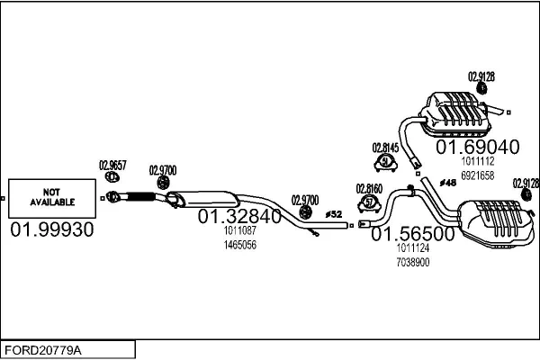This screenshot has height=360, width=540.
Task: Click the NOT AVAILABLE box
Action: click(52, 198)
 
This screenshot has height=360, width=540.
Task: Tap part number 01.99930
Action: click(52, 229)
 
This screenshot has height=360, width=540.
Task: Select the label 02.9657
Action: click(112, 166)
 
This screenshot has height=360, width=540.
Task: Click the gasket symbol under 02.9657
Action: click(112, 177)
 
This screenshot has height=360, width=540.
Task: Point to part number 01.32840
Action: click(239, 216)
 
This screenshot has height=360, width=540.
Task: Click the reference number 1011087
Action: click(240, 230)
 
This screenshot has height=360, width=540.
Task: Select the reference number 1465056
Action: click(240, 245)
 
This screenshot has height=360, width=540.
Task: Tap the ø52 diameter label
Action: click(333, 214)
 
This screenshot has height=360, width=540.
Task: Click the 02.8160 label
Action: click(369, 189)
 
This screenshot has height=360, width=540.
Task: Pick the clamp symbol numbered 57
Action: click(369, 203)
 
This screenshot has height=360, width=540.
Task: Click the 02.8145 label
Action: click(385, 148)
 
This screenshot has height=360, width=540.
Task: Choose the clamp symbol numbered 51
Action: click(386, 162)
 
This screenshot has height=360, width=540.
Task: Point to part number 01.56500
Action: click(413, 234)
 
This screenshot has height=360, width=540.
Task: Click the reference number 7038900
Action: click(413, 263)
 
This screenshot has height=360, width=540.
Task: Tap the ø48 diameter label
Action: click(448, 183)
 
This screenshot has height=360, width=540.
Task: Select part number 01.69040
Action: click(478, 147)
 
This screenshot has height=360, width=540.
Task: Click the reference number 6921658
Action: click(478, 175)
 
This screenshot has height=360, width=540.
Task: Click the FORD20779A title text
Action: click(43, 350)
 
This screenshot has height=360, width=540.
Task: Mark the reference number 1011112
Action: click(478, 161)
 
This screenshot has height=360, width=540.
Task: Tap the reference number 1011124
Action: click(413, 248)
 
